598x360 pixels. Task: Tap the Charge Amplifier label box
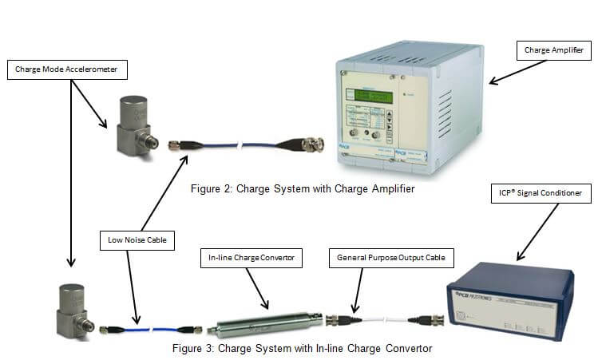(x=553, y=51)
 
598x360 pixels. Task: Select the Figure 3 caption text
(x=303, y=348)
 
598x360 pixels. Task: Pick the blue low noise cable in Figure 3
(x=152, y=327)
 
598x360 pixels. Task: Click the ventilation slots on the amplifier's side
(x=446, y=112)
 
